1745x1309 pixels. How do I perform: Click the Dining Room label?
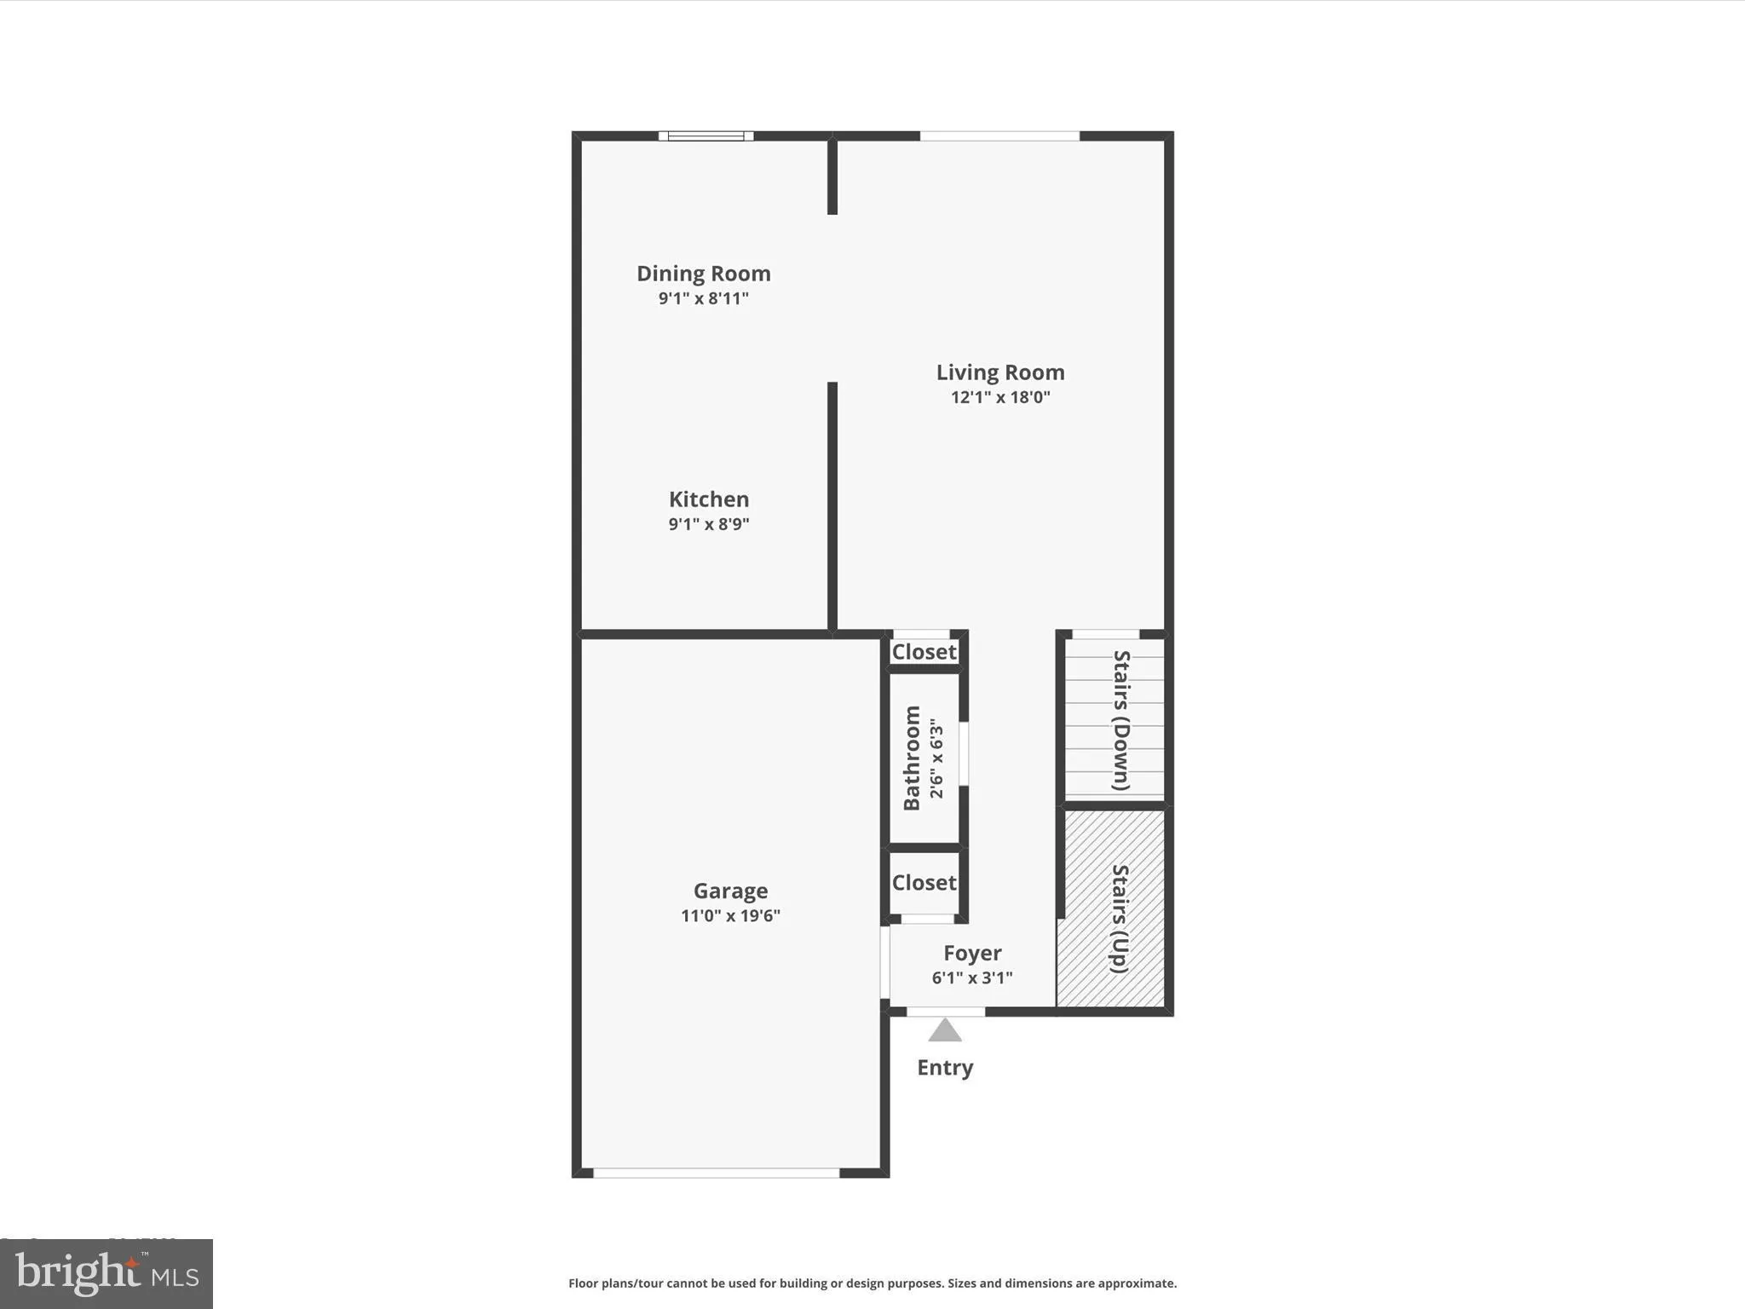pos(703,274)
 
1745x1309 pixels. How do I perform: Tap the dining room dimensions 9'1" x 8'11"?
pos(703,298)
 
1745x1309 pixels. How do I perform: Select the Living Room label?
pos(1000,372)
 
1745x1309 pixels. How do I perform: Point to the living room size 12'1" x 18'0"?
pos(1000,397)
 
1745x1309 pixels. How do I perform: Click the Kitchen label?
pos(708,499)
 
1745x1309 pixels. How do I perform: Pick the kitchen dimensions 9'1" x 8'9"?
pos(708,524)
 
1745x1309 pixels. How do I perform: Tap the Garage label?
pos(730,891)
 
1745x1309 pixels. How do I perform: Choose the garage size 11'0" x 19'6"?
pos(730,916)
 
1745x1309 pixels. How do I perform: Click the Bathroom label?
pos(912,758)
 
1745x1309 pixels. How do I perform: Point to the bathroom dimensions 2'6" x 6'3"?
pos(936,758)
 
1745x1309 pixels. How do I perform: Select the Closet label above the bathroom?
pos(924,652)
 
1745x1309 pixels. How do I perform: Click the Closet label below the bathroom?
pos(924,883)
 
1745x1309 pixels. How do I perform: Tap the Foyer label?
pos(972,953)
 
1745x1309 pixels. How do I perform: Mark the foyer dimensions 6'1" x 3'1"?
pos(972,977)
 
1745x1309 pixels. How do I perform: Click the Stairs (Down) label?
pos(1121,720)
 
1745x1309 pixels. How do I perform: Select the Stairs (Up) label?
pos(1120,918)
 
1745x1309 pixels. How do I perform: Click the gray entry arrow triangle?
pos(945,1031)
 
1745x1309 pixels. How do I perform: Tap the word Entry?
pos(945,1068)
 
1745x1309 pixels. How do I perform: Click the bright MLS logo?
pos(107,1274)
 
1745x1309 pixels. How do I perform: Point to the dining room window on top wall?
pos(705,136)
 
